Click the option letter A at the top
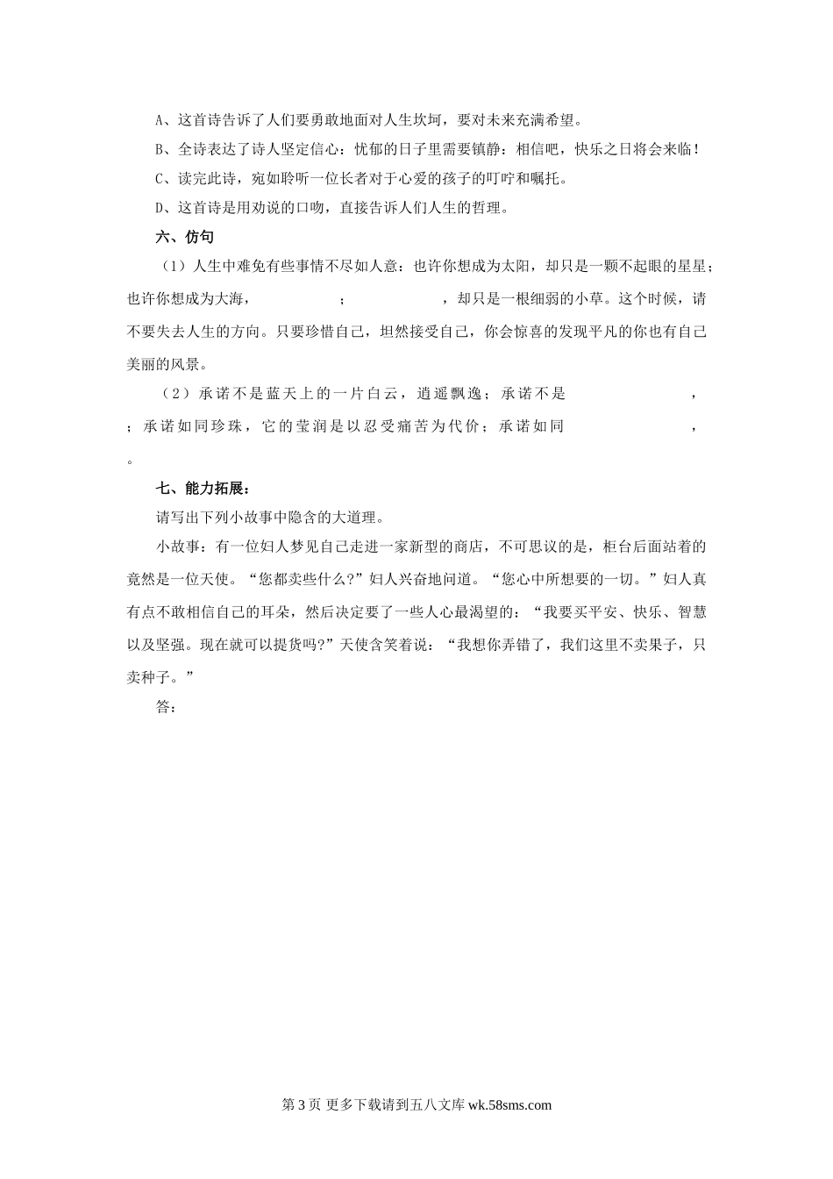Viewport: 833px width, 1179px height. (x=160, y=120)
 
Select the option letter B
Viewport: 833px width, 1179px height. (x=160, y=149)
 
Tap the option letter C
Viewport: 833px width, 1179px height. (x=160, y=179)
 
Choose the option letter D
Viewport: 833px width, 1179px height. (x=160, y=208)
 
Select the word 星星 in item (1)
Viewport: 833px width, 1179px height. (x=689, y=267)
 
